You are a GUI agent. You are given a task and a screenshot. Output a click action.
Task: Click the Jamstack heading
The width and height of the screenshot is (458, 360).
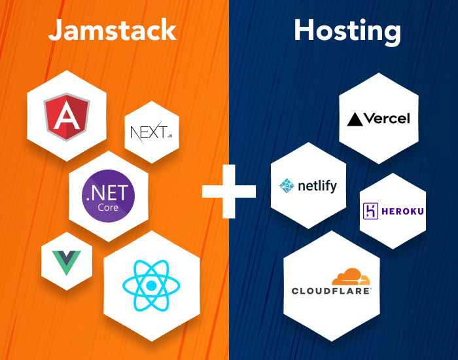[113, 30]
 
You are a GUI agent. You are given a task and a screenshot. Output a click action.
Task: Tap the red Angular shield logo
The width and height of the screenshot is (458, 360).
[67, 117]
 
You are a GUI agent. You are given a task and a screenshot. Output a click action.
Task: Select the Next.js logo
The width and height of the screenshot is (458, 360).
[151, 132]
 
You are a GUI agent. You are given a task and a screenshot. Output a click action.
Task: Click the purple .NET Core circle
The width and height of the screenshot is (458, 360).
[109, 196]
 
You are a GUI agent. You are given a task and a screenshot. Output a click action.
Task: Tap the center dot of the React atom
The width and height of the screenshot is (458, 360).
[151, 286]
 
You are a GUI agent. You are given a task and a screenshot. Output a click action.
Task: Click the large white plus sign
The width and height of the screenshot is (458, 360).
[229, 191]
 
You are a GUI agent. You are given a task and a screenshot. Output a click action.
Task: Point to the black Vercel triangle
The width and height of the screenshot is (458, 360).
[355, 119]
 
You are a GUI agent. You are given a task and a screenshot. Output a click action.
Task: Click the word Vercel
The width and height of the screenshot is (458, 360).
[387, 118]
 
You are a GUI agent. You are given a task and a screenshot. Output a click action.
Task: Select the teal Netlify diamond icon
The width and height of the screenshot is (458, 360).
[287, 186]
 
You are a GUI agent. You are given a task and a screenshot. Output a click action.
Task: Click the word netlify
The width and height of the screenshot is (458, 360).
[317, 186]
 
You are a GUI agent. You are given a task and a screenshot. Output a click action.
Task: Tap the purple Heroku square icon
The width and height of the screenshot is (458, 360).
[370, 211]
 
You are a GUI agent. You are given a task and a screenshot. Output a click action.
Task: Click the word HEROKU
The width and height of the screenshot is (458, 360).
[402, 211]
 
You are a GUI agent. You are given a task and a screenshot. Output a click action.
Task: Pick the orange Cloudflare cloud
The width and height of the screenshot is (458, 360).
[351, 276]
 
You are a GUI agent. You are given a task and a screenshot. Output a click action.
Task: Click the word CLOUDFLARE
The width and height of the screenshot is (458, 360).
[331, 291]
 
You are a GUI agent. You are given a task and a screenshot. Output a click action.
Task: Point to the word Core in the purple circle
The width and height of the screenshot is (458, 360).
[108, 207]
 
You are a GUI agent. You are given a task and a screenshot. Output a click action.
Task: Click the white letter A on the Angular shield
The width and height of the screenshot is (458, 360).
[67, 115]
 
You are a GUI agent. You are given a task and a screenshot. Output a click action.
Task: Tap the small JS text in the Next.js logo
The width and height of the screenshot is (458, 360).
[169, 136]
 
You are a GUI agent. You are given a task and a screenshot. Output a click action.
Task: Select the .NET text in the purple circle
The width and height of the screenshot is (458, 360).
[107, 193]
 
